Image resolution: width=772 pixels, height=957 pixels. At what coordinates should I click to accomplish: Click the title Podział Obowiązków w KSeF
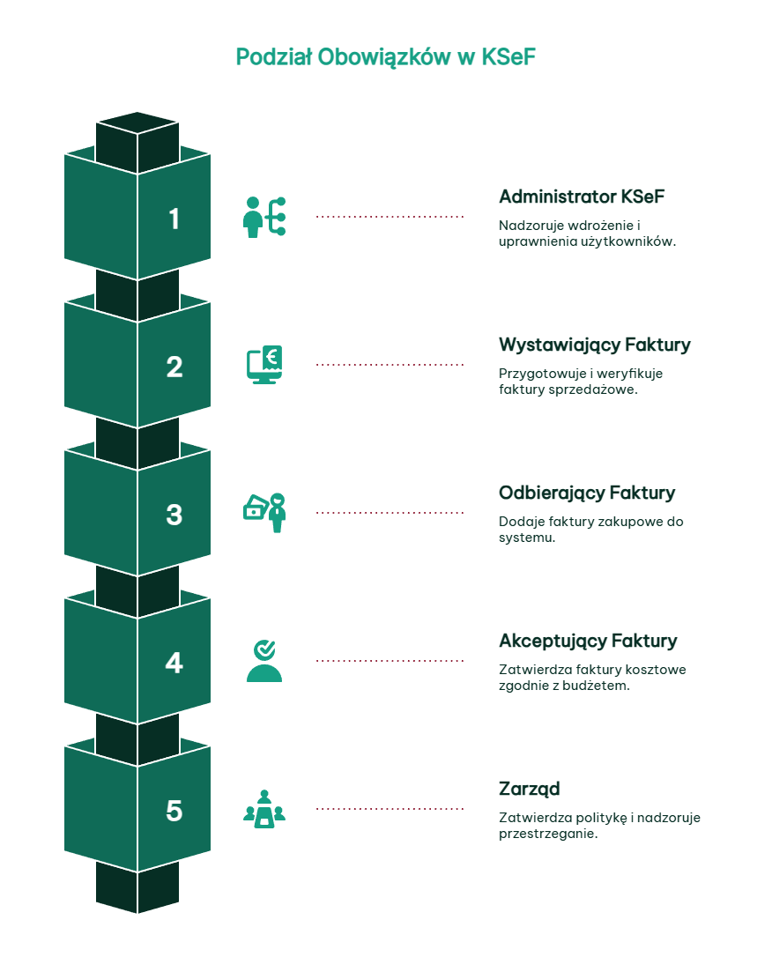[x=386, y=56]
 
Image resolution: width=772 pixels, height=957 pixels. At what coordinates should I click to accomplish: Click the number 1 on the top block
[x=174, y=219]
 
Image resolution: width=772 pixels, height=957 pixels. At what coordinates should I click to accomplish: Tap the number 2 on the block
[x=174, y=367]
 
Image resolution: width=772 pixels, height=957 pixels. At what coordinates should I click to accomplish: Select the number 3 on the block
[x=174, y=515]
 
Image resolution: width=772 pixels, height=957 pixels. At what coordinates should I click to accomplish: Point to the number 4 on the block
[x=174, y=663]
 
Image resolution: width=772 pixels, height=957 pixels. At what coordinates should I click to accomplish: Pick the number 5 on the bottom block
[x=174, y=811]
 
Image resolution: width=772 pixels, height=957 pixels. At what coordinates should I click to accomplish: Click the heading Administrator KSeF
[x=582, y=197]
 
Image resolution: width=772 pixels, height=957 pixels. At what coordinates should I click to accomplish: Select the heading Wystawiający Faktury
[x=594, y=345]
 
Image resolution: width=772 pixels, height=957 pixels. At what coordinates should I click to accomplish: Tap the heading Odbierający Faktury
[x=587, y=493]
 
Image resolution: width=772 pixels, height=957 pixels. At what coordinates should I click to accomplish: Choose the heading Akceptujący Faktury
[x=589, y=642]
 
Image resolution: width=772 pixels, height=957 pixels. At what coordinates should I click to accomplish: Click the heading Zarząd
[x=529, y=790]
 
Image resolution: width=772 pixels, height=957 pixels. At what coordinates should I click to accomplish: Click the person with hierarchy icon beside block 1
[x=264, y=217]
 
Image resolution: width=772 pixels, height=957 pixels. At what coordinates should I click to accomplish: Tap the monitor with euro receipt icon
[x=264, y=364]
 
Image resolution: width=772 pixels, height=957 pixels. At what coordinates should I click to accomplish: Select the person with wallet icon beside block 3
[x=264, y=513]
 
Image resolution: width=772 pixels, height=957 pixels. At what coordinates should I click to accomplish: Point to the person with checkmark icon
[x=264, y=661]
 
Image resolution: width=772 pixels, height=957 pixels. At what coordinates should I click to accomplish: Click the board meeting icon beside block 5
[x=264, y=809]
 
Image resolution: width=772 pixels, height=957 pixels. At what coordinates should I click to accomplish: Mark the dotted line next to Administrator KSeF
[x=390, y=217]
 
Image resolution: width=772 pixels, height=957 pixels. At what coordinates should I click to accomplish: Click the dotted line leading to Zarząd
[x=390, y=809]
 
